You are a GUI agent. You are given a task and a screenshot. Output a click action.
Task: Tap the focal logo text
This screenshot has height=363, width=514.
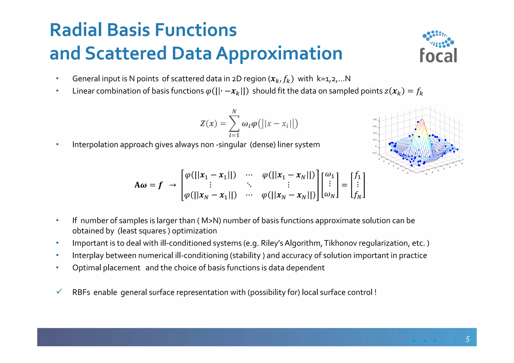438,55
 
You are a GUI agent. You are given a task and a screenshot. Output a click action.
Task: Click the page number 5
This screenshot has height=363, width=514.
467,339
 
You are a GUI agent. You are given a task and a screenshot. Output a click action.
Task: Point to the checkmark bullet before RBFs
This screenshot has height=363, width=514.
59,292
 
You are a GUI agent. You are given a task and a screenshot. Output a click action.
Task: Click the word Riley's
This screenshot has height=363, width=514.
272,243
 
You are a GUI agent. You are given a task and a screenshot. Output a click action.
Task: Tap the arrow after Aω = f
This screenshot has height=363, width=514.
173,185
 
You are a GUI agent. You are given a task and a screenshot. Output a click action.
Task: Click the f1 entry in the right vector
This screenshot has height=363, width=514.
357,175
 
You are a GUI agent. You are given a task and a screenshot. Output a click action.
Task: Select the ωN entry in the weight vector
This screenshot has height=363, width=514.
330,195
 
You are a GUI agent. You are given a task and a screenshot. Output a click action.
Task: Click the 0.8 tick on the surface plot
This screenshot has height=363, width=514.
374,119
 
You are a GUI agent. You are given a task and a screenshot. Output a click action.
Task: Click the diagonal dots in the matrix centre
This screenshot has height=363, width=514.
249,185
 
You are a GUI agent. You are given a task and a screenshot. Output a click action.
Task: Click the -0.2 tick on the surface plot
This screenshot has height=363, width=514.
374,153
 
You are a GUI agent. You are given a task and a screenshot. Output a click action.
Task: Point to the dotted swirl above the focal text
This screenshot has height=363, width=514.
438,39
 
